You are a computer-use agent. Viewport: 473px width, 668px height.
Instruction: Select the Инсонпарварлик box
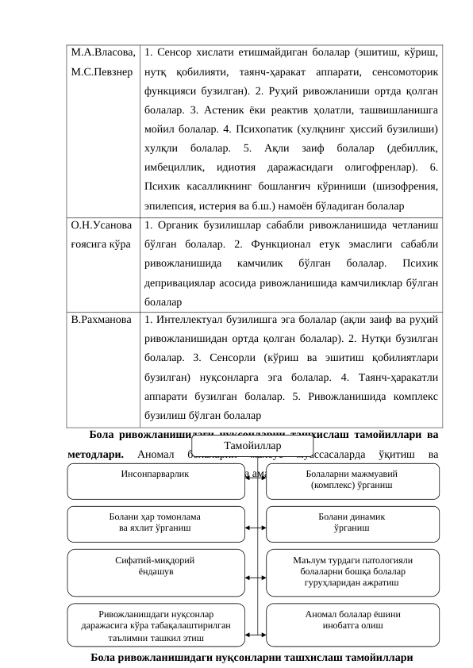pos(156,482)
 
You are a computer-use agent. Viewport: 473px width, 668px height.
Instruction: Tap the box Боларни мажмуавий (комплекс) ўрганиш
pos(352,482)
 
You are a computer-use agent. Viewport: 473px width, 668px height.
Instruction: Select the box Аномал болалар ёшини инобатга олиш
pos(352,620)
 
